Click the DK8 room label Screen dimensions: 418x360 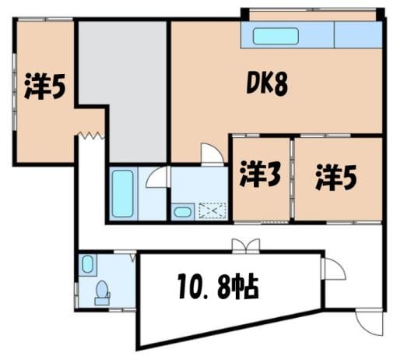[267, 83]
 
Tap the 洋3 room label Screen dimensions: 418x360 [260, 174]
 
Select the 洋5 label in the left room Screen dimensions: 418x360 [44, 86]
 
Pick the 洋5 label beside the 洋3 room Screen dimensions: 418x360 [336, 177]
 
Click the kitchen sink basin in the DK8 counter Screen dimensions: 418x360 [276, 36]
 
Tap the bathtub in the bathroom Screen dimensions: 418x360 [123, 193]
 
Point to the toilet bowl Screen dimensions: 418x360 [102, 290]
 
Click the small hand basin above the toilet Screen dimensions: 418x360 [87, 264]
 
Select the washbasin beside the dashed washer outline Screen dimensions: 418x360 [183, 212]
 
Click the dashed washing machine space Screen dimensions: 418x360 [213, 211]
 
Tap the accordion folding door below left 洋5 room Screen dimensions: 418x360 [91, 136]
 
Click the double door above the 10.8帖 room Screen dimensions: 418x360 [246, 245]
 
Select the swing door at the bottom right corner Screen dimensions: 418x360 [370, 322]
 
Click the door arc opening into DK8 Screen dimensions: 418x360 [213, 154]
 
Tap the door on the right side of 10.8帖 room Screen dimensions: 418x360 [334, 269]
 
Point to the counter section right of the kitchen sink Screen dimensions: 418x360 [358, 35]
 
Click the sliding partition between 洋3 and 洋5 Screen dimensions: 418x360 [292, 178]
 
